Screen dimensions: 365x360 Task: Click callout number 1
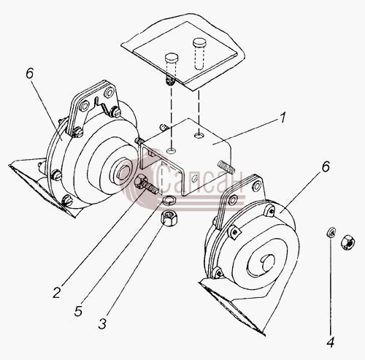tap(282, 118)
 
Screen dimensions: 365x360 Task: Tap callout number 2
tap(56, 292)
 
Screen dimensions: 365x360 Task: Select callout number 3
tap(102, 323)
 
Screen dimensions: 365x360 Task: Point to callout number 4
tap(330, 342)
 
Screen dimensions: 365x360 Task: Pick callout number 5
tap(78, 310)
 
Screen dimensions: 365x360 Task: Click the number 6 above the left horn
tap(29, 73)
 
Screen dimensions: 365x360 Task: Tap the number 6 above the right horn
tap(326, 166)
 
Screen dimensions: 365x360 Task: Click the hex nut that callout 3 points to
tap(169, 218)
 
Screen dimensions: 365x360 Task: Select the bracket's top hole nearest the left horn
tap(171, 151)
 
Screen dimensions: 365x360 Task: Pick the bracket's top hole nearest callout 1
tap(199, 134)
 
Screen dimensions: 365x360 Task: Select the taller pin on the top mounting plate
tap(200, 53)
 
